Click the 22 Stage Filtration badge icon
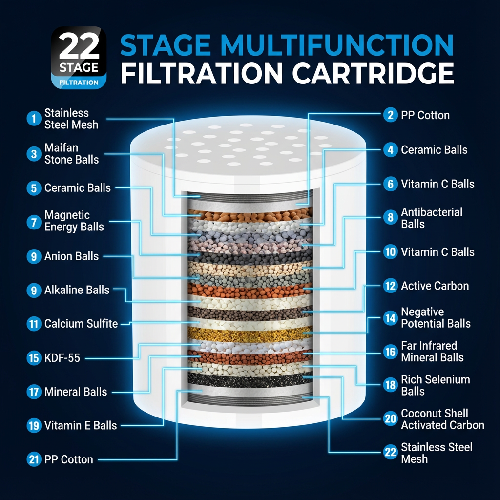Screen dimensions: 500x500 tap(79, 58)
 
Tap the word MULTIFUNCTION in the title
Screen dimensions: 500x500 tap(337, 45)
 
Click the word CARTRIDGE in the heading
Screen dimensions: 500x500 tap(373, 73)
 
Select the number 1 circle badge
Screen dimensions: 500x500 tap(34, 119)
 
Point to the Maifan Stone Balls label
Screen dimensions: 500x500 tap(71, 154)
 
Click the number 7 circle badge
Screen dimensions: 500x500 tap(34, 222)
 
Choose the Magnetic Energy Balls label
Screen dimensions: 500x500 tap(74, 221)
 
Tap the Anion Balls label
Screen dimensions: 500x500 tap(71, 256)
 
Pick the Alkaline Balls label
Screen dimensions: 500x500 tap(77, 290)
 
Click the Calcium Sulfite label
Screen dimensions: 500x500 tap(81, 324)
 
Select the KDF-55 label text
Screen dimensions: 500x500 tap(62, 358)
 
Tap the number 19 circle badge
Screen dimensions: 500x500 tap(34, 426)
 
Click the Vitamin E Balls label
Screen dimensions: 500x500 tap(81, 425)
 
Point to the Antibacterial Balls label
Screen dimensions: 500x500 tap(432, 218)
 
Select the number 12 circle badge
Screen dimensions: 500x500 tap(390, 286)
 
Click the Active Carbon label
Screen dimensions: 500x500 tap(435, 286)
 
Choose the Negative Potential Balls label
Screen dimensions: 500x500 tap(436, 317)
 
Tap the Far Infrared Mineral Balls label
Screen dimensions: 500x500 tap(432, 352)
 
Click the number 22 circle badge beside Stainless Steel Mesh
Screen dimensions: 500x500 tap(390, 452)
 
